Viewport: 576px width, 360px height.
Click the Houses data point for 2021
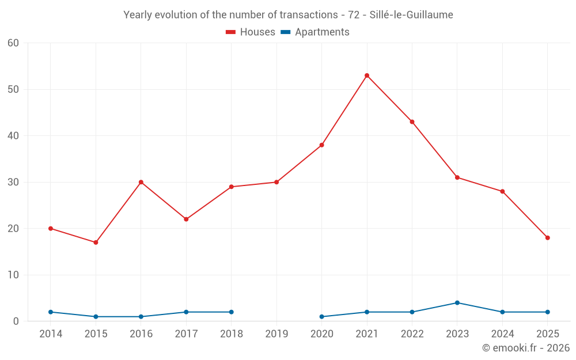[x=367, y=75]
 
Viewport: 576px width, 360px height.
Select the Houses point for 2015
[x=96, y=242]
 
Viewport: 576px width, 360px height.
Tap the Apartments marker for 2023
[x=457, y=303]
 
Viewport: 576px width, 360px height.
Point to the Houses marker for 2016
[x=141, y=182]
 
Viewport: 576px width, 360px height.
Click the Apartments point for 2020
[x=321, y=317]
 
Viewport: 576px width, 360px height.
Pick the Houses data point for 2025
[x=547, y=238]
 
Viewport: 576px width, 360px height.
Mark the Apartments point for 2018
[x=232, y=312]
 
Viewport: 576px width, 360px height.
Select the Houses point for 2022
[x=412, y=122]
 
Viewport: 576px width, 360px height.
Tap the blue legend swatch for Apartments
[x=285, y=32]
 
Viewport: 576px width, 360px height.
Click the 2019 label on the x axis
[x=276, y=334]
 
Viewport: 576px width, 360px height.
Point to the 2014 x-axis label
[x=51, y=334]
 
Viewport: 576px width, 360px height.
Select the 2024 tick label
[x=502, y=334]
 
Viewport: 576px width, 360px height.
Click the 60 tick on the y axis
[x=13, y=43]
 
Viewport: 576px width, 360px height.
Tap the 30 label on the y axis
[x=13, y=182]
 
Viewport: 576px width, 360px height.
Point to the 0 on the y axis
[x=16, y=321]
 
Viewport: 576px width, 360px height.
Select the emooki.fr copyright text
[x=526, y=348]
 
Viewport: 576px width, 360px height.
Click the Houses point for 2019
[x=276, y=182]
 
